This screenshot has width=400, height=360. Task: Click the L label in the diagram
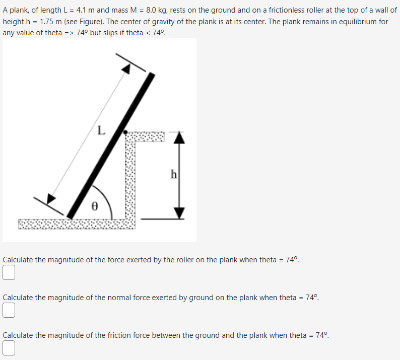pos(101,131)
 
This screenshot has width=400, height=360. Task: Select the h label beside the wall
pos(173,175)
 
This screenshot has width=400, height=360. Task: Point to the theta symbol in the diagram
pos(94,206)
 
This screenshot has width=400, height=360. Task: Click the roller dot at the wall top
pos(125,132)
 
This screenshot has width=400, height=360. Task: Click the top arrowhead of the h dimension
pos(180,137)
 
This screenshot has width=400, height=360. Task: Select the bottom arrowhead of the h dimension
pos(180,213)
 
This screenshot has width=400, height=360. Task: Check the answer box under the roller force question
pos(8,272)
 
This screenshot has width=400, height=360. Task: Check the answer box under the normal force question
pos(8,310)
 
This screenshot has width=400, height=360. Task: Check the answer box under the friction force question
pos(8,348)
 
